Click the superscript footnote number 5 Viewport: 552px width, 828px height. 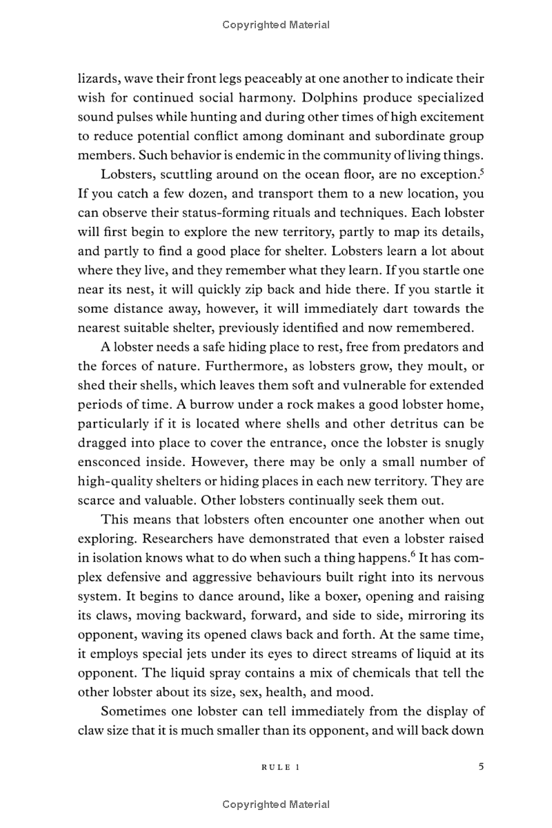482,169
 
